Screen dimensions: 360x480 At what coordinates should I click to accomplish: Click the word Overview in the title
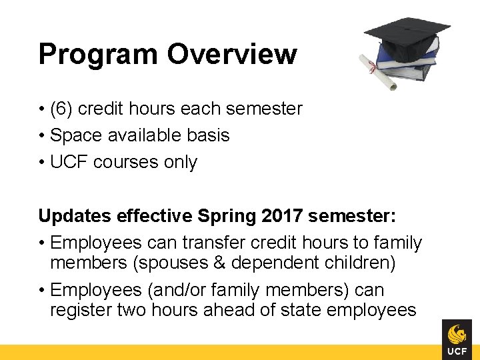[x=232, y=54]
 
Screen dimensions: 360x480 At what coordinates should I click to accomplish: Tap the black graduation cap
[x=407, y=31]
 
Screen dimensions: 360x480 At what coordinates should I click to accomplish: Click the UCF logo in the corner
[x=457, y=339]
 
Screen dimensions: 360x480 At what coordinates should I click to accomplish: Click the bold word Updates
[x=75, y=217]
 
